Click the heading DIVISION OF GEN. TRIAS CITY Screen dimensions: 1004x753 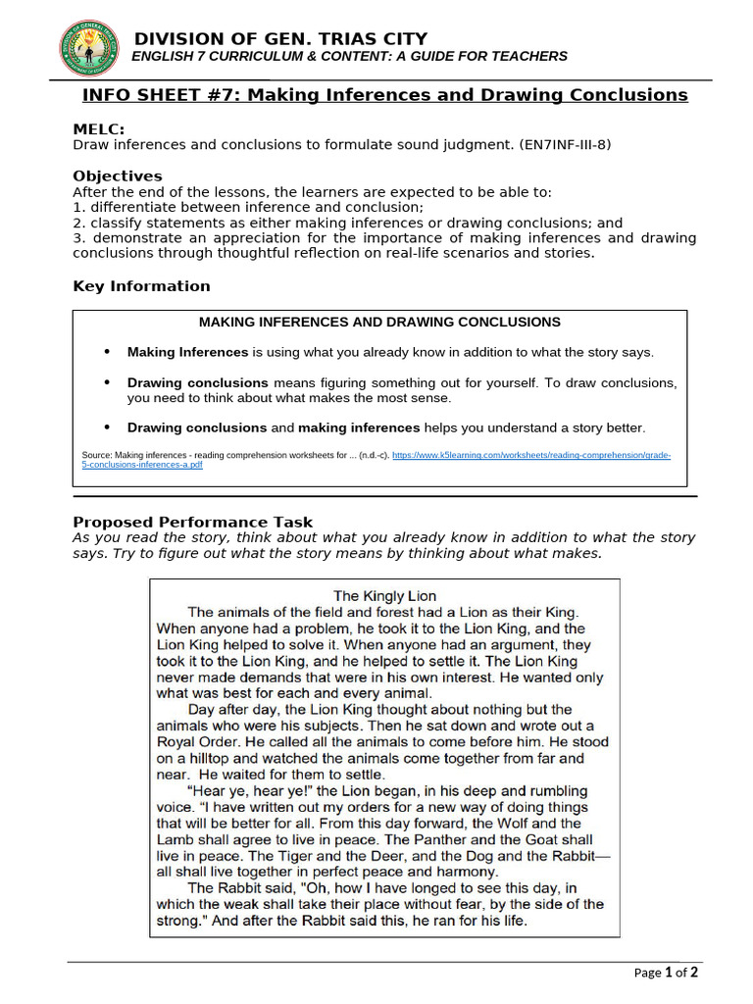point(280,38)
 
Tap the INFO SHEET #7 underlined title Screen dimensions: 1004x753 point(384,95)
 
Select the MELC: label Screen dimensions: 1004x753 point(99,129)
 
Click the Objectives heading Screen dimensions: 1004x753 point(118,176)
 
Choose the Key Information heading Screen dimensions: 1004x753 point(141,286)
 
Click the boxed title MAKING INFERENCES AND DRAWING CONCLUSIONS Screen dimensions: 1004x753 point(379,322)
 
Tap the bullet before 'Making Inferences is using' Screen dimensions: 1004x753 point(107,352)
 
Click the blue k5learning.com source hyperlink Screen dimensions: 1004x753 point(530,456)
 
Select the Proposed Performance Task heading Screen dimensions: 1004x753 point(192,522)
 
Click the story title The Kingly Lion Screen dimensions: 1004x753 point(384,595)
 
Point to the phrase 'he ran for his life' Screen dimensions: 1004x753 point(464,922)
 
